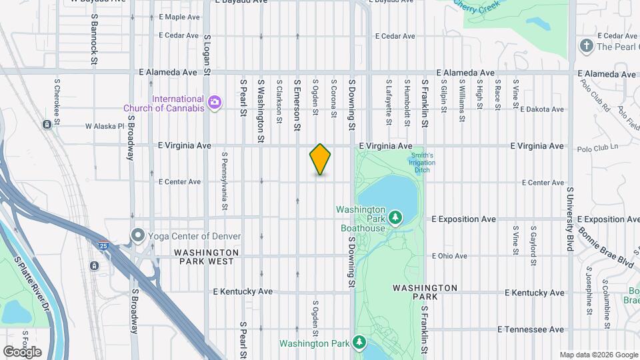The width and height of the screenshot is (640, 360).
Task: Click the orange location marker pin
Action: click(x=320, y=159)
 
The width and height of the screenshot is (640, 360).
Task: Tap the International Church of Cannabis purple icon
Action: click(x=215, y=102)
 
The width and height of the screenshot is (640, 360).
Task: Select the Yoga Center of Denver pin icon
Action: click(x=138, y=235)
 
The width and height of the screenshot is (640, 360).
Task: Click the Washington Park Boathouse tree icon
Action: click(x=395, y=217)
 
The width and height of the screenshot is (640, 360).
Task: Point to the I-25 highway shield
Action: click(x=103, y=245)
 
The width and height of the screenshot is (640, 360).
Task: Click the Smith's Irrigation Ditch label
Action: click(x=421, y=163)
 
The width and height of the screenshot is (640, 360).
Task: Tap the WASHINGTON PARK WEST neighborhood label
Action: click(x=206, y=257)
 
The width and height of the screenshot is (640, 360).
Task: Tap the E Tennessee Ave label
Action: click(x=531, y=329)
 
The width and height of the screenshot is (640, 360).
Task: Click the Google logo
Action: click(x=22, y=351)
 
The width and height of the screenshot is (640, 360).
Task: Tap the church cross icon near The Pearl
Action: click(x=586, y=46)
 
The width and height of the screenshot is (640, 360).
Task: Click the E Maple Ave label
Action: click(x=179, y=17)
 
